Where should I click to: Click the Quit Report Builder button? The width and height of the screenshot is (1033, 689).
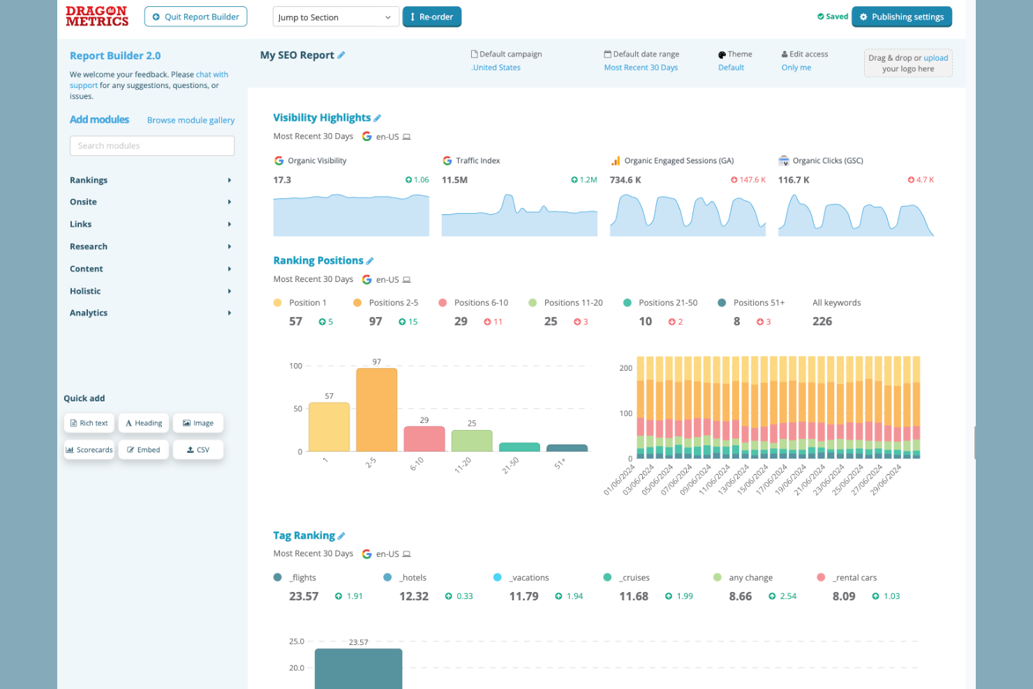click(195, 17)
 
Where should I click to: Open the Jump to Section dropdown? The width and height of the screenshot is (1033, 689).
click(335, 17)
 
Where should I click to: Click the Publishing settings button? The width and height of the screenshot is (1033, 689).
click(901, 17)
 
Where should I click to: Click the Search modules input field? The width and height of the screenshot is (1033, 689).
click(152, 146)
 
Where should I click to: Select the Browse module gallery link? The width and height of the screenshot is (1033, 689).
click(191, 120)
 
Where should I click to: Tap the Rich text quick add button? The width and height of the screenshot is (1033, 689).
click(89, 423)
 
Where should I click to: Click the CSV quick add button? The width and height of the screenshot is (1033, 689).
click(198, 450)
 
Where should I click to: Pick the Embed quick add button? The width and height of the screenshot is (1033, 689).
click(144, 450)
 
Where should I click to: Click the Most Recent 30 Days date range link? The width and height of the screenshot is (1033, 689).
click(641, 68)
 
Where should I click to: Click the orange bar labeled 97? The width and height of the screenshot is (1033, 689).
click(376, 410)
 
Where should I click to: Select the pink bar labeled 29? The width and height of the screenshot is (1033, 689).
click(424, 439)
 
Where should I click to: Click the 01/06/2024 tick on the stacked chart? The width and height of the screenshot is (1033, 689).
click(618, 480)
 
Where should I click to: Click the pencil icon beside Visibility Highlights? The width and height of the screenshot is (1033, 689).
click(378, 118)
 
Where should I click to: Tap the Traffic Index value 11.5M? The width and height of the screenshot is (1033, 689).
click(454, 180)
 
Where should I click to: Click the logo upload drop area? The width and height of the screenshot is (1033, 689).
click(907, 64)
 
